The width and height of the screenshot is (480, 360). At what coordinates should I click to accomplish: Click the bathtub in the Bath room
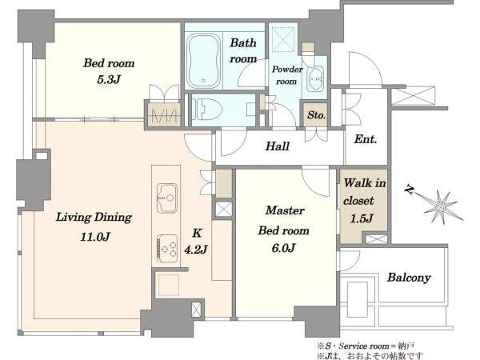click(203, 60)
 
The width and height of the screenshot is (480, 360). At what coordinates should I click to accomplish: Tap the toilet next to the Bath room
click(207, 109)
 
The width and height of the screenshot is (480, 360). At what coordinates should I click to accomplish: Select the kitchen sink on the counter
click(167, 198)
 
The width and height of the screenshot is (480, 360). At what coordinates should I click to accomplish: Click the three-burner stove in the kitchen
click(167, 248)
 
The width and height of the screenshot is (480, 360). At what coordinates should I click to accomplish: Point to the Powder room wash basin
click(315, 78)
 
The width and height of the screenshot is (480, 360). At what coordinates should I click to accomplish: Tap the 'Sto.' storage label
click(316, 115)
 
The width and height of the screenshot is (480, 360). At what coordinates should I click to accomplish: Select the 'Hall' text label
click(278, 146)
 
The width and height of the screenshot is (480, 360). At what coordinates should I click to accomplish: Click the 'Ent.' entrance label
click(366, 139)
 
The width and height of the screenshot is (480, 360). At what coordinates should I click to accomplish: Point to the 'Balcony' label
click(409, 278)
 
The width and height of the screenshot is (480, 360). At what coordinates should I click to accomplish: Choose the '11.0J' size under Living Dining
click(95, 237)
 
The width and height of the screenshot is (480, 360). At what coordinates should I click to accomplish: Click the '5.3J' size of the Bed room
click(109, 79)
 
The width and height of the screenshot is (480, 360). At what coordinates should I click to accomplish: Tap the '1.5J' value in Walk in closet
click(362, 218)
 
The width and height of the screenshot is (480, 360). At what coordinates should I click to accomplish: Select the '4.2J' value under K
click(196, 250)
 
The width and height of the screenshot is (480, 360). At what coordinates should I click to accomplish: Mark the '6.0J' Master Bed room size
click(283, 248)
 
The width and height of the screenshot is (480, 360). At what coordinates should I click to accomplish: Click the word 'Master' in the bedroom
click(285, 210)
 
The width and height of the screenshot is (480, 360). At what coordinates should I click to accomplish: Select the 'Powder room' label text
click(287, 75)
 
